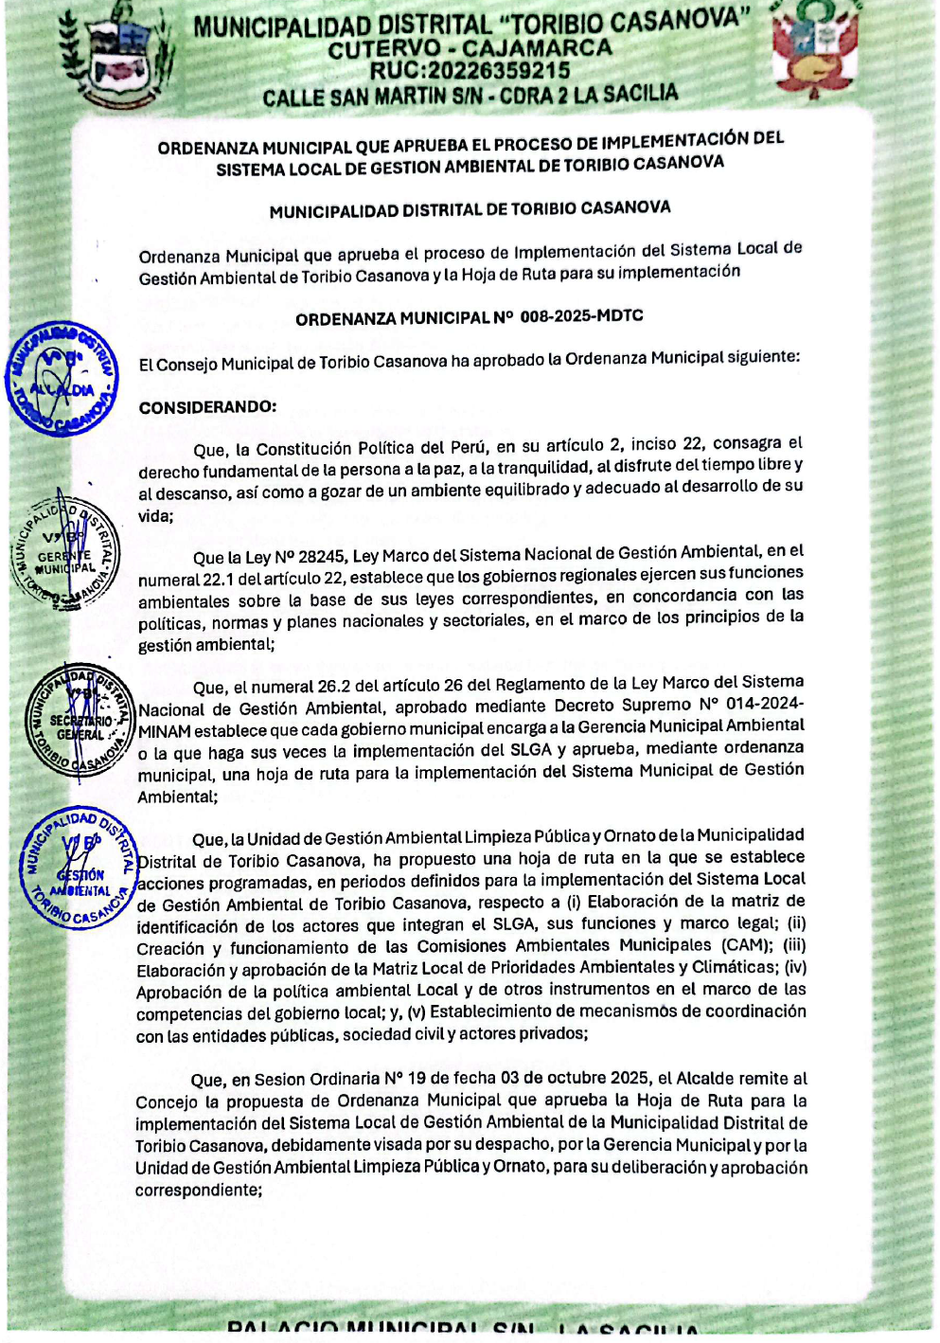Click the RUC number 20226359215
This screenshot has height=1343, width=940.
(498, 71)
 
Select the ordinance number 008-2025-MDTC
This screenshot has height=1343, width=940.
(581, 316)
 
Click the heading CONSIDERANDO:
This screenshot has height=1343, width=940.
(207, 407)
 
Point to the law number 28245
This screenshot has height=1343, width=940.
(323, 557)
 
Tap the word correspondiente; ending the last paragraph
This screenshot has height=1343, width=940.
(198, 1190)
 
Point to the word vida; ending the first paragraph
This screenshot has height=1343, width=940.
(156, 516)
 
